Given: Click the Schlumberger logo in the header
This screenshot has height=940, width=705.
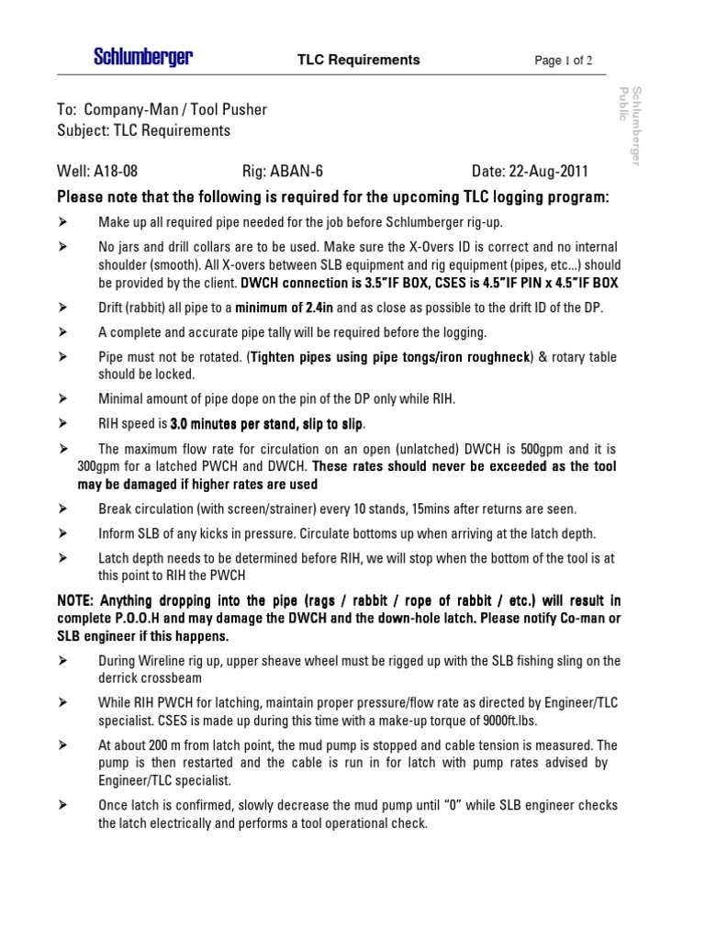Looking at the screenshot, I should (x=142, y=59).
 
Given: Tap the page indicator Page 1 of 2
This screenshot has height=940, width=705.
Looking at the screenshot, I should (x=570, y=61).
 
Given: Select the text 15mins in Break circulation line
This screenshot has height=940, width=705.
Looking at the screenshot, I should (x=417, y=509).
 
